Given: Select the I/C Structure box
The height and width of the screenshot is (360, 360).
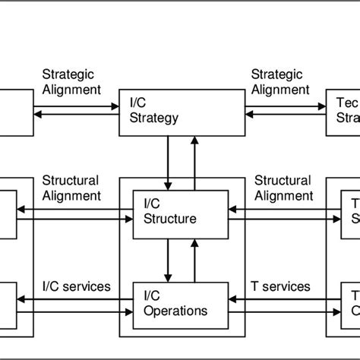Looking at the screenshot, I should (x=180, y=212).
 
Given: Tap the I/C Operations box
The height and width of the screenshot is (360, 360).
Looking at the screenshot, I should (x=180, y=304).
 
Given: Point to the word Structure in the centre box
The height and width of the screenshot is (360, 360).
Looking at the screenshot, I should (x=171, y=219).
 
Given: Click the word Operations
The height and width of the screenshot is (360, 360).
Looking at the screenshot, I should (x=175, y=311).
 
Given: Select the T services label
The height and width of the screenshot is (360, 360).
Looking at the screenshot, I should (x=280, y=286).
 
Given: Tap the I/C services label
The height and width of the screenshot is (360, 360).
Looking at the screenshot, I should (x=76, y=286).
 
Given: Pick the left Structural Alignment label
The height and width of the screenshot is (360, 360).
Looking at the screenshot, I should (x=71, y=188).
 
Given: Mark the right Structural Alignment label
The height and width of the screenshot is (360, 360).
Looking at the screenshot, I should (x=282, y=188).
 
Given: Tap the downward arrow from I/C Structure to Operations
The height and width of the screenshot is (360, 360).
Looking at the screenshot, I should (x=169, y=259).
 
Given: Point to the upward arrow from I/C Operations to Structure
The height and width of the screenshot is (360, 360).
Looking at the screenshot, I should (x=195, y=259).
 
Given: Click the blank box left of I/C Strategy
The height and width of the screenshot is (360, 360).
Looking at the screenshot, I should (x=16, y=112).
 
